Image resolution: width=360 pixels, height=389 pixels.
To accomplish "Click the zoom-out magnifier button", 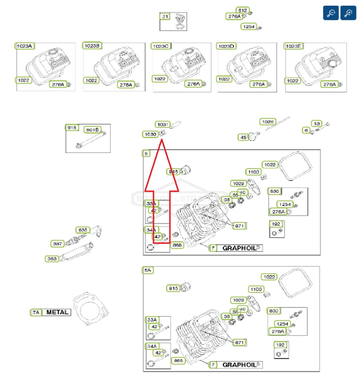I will tap(331, 13).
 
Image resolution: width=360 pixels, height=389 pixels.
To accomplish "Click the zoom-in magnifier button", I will tap(348, 13).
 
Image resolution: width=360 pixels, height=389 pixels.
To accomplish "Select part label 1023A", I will tap(24, 46).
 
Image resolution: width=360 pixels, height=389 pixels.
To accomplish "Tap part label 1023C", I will tap(161, 46).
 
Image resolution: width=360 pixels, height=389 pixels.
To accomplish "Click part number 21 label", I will tap(165, 17).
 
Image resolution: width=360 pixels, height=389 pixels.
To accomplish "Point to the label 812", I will tap(242, 10).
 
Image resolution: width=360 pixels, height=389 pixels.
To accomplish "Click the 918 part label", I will tap(72, 127).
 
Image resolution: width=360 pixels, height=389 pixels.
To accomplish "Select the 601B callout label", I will tap(92, 130).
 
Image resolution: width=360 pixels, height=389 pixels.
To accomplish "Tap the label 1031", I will tap(163, 125).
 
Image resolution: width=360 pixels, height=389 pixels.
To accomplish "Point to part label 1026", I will tap(268, 122).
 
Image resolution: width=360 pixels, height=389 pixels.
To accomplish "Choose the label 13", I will tap(317, 123).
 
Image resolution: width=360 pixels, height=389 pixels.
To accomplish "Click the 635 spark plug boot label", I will tap(83, 230).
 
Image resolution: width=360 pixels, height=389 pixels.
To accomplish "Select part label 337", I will tap(58, 243).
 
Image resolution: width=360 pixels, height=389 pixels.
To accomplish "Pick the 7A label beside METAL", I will tap(36, 312).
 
